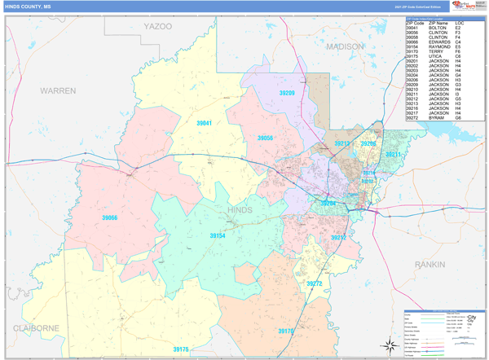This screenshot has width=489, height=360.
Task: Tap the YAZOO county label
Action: [158, 27]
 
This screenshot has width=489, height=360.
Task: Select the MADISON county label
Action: [345, 47]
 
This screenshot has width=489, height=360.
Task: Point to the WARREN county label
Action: [58, 90]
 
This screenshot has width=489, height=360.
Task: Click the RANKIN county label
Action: [430, 265]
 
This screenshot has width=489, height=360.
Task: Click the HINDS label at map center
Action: [240, 210]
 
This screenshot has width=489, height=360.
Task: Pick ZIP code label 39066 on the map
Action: [109, 217]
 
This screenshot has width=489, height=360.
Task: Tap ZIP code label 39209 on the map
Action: [286, 94]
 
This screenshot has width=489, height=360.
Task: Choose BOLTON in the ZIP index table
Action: [437, 28]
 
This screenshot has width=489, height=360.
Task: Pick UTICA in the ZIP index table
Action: [434, 56]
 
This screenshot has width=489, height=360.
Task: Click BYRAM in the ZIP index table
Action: [435, 118]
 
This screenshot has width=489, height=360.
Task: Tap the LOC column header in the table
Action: [460, 22]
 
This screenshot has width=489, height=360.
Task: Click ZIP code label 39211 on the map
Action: [394, 154]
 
